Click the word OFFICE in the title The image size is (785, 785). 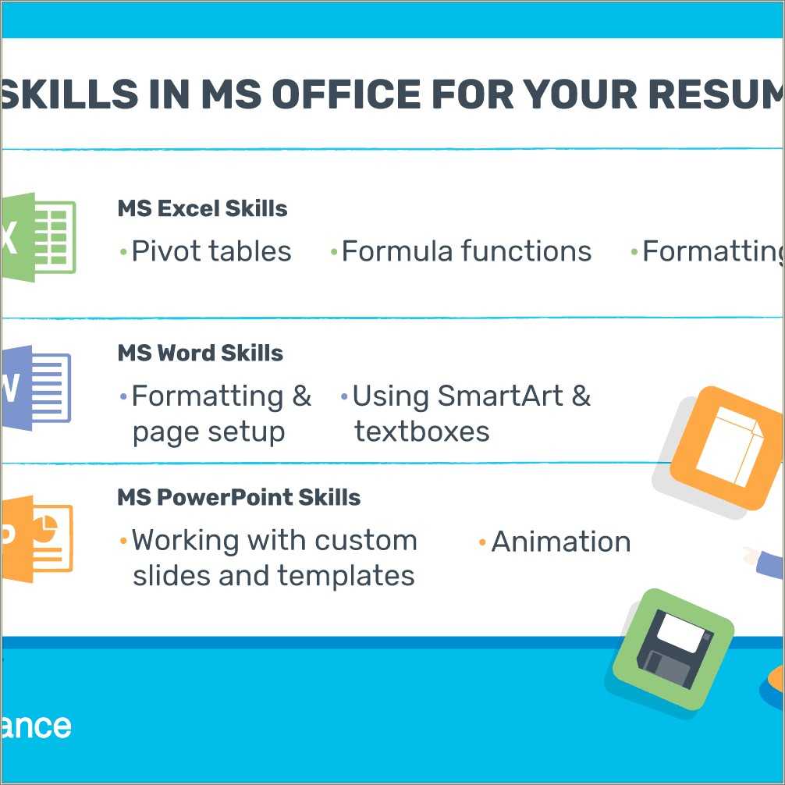tap(341, 94)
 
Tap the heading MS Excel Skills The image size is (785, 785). tap(202, 209)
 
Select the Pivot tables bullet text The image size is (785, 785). tap(211, 251)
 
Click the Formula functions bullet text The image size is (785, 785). tap(466, 251)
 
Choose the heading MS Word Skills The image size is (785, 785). tap(200, 353)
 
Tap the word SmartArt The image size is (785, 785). tap(500, 396)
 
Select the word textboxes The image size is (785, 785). tap(422, 432)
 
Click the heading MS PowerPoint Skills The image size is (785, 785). tap(239, 498)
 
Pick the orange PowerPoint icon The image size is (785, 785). tap(37, 538)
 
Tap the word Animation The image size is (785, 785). tap(560, 542)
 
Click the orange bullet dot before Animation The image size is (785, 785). tap(482, 542)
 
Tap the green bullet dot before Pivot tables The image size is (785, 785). tap(123, 251)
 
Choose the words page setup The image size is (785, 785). tap(208, 432)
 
